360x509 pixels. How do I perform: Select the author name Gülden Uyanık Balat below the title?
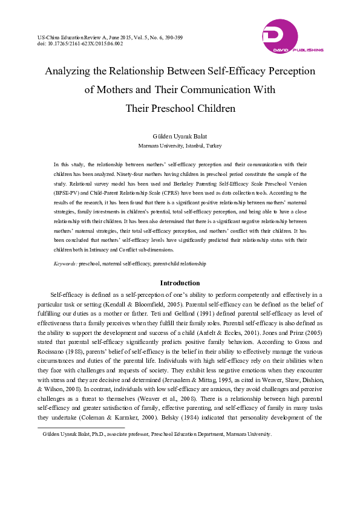pos(180,137)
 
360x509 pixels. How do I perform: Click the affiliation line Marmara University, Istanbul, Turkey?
pos(180,146)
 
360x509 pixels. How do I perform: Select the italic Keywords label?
pos(65,264)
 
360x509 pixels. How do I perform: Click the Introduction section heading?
pos(180,283)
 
